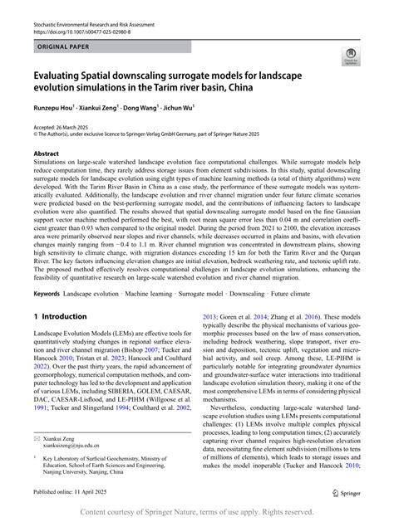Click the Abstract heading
click(46, 154)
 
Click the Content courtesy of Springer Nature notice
click(196, 513)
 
